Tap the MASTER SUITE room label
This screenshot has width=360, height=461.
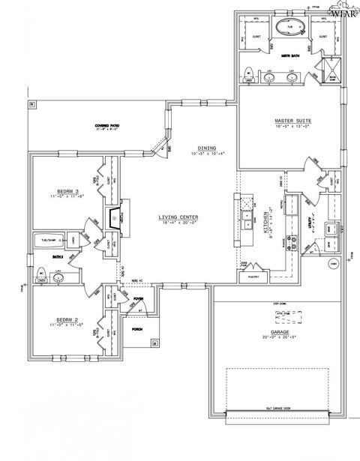pos(289,121)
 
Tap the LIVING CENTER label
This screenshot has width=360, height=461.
pos(178,218)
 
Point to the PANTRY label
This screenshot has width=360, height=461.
pos(253,277)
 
